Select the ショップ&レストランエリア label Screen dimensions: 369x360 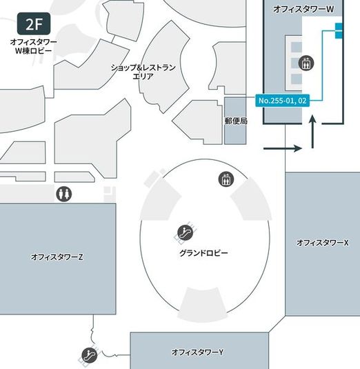pyautogui.click(x=143, y=72)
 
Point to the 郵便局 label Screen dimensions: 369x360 pyautogui.click(x=235, y=121)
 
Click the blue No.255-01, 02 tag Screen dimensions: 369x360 pyautogui.click(x=282, y=101)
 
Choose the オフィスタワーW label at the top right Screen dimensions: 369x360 pyautogui.click(x=303, y=8)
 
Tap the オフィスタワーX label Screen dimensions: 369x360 pyautogui.click(x=323, y=243)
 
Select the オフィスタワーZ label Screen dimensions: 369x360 pyautogui.click(x=57, y=257)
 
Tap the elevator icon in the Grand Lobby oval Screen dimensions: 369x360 pyautogui.click(x=223, y=180)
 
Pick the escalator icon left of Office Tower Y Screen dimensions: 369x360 pyautogui.click(x=89, y=355)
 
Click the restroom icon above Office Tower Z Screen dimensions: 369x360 pyautogui.click(x=63, y=195)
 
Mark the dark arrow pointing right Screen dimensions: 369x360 pyautogui.click(x=283, y=148)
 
